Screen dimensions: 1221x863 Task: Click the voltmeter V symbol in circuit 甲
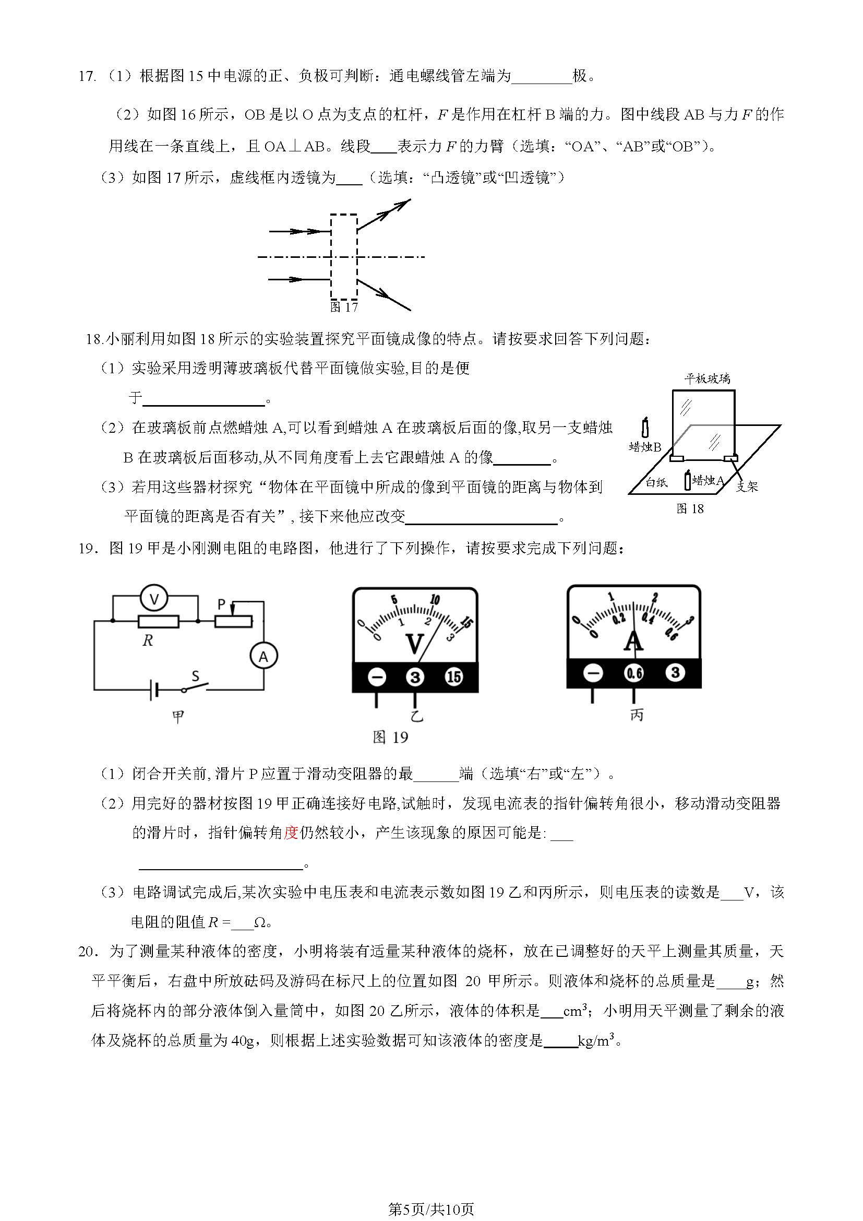(x=154, y=599)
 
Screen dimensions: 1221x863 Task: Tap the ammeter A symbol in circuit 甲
(x=263, y=657)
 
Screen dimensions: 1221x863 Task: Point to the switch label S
(x=195, y=677)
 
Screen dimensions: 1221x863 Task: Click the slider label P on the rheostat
(x=222, y=604)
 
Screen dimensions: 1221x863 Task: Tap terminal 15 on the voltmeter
(x=453, y=677)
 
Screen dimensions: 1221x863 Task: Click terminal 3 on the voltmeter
(x=415, y=677)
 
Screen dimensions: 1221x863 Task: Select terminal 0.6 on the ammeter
(x=634, y=673)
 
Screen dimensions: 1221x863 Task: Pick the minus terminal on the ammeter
(x=593, y=673)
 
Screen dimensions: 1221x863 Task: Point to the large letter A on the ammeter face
(x=633, y=641)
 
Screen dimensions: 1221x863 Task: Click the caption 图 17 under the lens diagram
(x=344, y=307)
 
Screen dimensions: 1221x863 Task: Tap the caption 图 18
(x=690, y=509)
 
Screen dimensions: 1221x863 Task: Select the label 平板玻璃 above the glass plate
(x=707, y=378)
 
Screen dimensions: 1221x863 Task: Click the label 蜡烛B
(x=644, y=447)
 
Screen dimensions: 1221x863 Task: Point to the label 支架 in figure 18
(x=747, y=486)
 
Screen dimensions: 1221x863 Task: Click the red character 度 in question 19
(x=291, y=833)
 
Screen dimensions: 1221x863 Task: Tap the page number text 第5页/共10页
(x=431, y=1194)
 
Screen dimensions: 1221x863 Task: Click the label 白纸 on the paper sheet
(x=656, y=482)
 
